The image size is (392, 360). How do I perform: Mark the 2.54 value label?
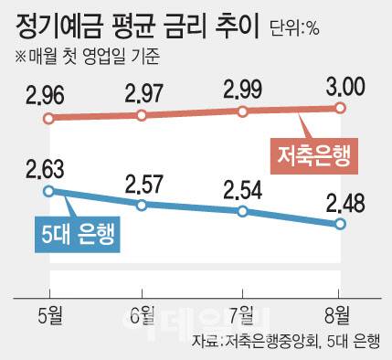coord(242,188)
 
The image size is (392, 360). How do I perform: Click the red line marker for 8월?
coord(341,107)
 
